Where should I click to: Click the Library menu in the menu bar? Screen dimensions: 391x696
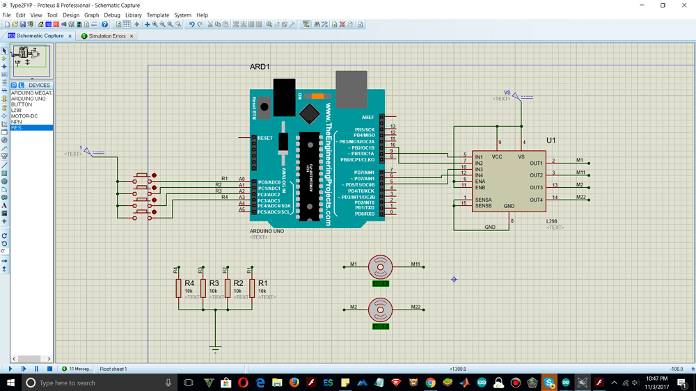tap(133, 15)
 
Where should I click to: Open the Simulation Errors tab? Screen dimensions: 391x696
tap(106, 35)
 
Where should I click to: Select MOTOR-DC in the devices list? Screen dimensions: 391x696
tap(24, 116)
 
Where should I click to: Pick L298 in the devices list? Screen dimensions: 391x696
tap(16, 111)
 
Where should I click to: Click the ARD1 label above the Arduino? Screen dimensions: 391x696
tap(260, 67)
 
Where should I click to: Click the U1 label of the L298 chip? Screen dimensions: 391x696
tap(551, 140)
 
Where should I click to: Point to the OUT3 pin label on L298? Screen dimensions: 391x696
tap(536, 188)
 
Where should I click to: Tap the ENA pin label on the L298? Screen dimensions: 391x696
tap(480, 182)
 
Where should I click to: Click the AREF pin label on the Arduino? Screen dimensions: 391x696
tap(367, 118)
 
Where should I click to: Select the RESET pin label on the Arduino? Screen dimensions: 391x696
tap(265, 138)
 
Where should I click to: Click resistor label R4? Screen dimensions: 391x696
tap(189, 283)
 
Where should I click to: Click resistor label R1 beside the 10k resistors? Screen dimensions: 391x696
tap(262, 283)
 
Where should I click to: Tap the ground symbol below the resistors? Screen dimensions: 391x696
tap(215, 349)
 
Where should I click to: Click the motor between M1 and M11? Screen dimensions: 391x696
tap(380, 266)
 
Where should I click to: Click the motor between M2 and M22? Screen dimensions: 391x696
tap(380, 309)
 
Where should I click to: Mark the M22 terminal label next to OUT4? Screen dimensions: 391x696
tap(580, 197)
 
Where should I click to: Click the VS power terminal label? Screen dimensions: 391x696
tap(507, 93)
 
